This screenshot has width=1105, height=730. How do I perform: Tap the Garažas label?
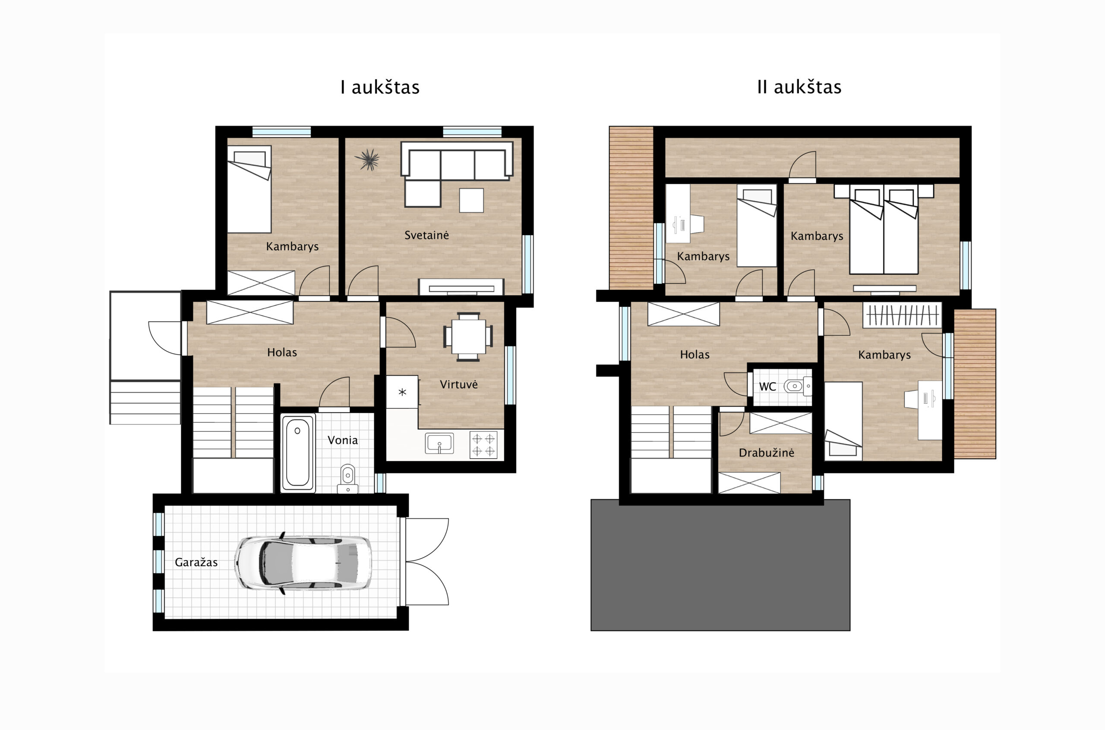(x=196, y=563)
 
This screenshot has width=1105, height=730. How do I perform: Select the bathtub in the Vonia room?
(x=297, y=452)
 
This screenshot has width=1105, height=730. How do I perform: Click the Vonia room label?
(x=343, y=440)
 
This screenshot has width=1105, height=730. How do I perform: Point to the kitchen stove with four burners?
(x=483, y=445)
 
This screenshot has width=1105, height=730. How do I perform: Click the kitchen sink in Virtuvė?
(x=439, y=443)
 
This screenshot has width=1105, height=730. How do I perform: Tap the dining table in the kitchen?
(x=468, y=336)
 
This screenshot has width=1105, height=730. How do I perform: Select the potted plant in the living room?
(x=368, y=160)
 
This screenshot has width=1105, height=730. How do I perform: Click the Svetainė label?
(x=426, y=235)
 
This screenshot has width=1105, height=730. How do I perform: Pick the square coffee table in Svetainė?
(x=471, y=200)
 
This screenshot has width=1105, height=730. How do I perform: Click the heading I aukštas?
(x=380, y=87)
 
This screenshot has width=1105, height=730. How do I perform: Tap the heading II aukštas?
(x=799, y=87)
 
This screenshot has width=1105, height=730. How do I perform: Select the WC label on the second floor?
(x=767, y=387)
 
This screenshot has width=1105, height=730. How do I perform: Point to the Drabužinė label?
(x=767, y=453)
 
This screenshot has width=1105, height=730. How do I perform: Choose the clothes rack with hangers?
(x=902, y=315)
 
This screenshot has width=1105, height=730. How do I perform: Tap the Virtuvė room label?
(x=459, y=384)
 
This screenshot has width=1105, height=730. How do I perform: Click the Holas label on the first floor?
(x=282, y=352)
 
